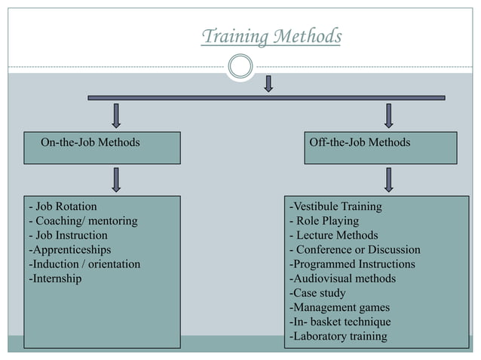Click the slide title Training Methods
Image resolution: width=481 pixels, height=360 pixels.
pyautogui.click(x=271, y=36)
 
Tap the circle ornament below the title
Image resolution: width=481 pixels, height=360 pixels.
pyautogui.click(x=240, y=66)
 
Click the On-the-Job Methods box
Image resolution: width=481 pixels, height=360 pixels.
pyautogui.click(x=102, y=148)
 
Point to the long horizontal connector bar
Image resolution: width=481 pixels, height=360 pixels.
pyautogui.click(x=188, y=97)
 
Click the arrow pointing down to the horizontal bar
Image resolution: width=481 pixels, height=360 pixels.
pyautogui.click(x=268, y=83)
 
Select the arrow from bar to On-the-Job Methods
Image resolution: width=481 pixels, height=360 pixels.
pyautogui.click(x=116, y=115)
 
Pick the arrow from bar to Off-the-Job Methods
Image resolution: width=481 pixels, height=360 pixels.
pyautogui.click(x=388, y=115)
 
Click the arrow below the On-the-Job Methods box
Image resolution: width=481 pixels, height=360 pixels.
pyautogui.click(x=116, y=179)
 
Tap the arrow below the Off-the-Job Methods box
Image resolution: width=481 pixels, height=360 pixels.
pyautogui.click(x=388, y=179)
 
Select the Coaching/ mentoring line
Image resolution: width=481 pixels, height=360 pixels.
pyautogui.click(x=83, y=221)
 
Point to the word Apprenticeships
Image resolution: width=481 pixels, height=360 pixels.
pyautogui.click(x=69, y=249)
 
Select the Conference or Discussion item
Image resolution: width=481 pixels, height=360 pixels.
pyautogui.click(x=355, y=249)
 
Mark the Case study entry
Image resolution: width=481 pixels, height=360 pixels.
pyautogui.click(x=317, y=293)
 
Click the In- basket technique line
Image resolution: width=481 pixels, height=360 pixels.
pyautogui.click(x=340, y=322)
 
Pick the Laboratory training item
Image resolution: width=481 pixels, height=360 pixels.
pyautogui.click(x=338, y=336)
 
